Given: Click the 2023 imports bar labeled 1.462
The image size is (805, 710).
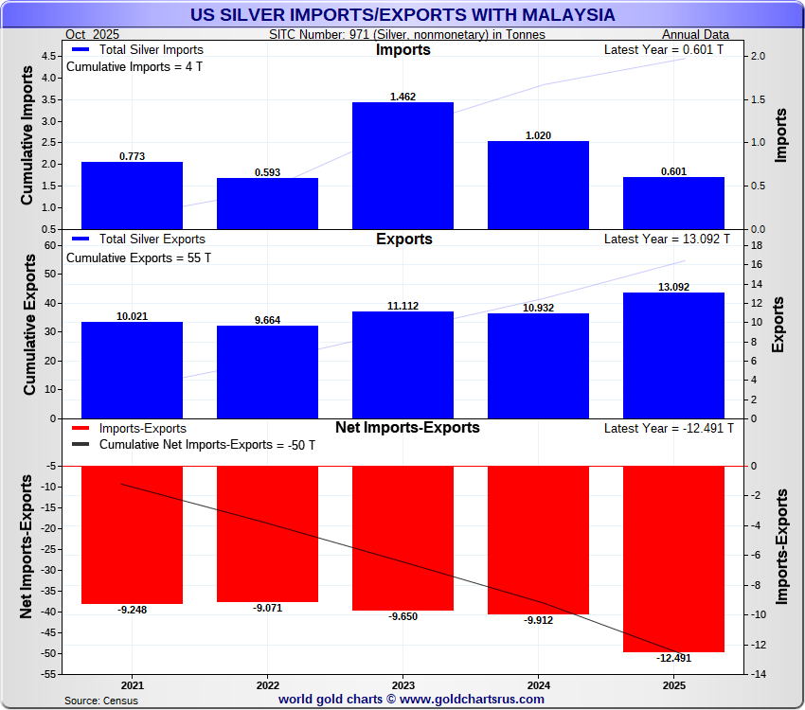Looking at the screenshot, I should (402, 166).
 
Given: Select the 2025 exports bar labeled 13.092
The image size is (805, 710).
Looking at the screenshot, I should (673, 355).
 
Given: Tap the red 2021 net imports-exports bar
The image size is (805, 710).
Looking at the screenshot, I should (132, 535).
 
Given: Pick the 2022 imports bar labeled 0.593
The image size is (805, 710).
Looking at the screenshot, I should (267, 204).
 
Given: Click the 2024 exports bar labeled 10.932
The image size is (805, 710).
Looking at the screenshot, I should (538, 365).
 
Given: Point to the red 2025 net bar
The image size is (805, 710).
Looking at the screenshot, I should (673, 559).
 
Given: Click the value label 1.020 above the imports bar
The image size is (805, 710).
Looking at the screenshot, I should (538, 135).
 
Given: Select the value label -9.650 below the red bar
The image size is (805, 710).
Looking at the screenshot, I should (402, 616).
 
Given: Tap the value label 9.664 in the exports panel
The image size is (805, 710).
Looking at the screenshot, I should (267, 320).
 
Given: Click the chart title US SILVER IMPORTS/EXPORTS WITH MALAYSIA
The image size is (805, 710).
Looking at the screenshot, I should (402, 15).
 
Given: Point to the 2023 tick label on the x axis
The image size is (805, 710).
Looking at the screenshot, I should (402, 684).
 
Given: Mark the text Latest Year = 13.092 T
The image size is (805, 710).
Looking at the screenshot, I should (667, 239).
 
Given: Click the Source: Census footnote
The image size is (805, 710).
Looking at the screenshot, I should (100, 701).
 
